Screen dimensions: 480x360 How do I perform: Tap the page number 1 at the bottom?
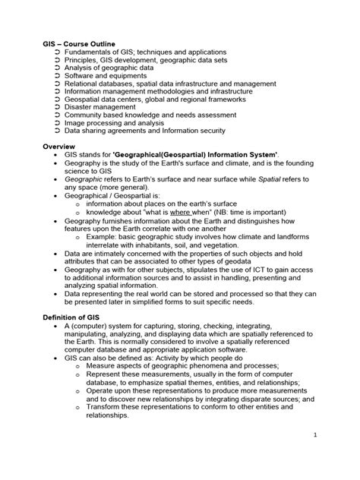pos(314,456)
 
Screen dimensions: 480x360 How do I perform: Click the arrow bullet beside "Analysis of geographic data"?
pos(59,65)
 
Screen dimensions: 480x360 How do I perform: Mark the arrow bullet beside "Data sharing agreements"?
pos(59,130)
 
